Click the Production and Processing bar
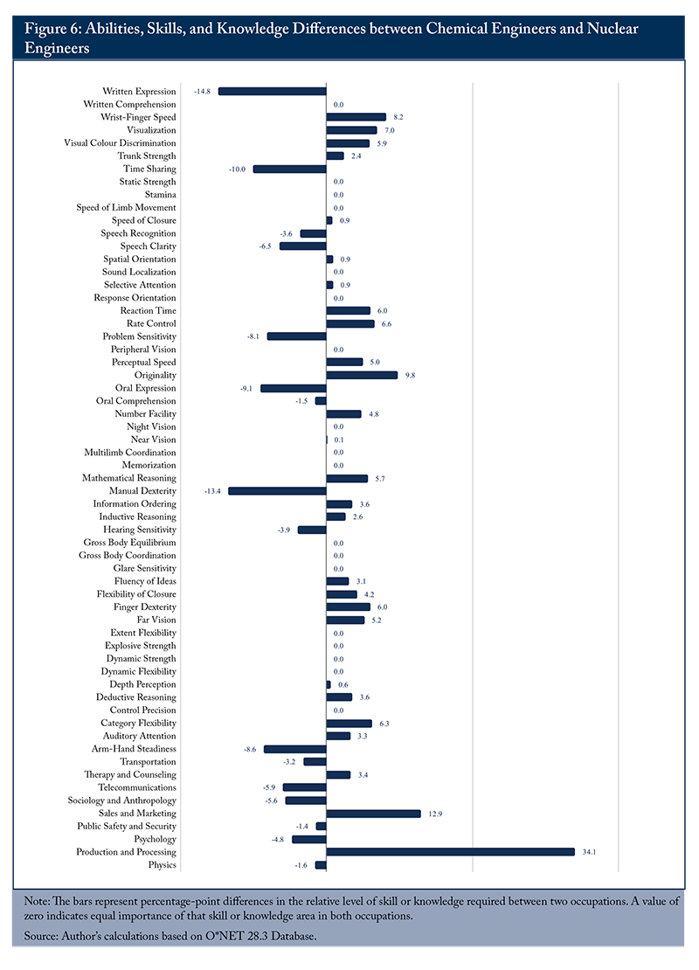(450, 852)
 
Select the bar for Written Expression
(273, 91)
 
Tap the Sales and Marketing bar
(374, 814)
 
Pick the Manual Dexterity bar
(277, 491)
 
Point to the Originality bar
(362, 375)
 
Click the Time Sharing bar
(289, 169)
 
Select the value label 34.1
(589, 852)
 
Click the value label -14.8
(203, 92)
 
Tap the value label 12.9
(435, 814)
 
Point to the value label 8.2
(398, 117)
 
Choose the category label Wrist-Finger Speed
(139, 117)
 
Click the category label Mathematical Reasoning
(129, 478)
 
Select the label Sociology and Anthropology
(121, 800)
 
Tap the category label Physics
(162, 865)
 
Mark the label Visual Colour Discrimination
(120, 143)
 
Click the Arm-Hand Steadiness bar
(295, 749)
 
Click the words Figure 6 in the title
(52, 29)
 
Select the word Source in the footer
(40, 936)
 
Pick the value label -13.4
(212, 491)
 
